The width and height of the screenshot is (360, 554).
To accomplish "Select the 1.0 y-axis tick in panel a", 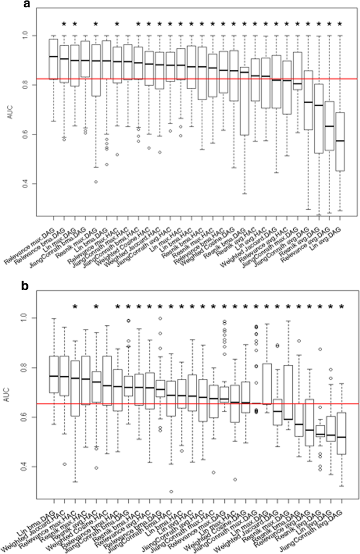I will coord(35,35).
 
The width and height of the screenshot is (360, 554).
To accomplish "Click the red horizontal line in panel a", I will coord(200,79).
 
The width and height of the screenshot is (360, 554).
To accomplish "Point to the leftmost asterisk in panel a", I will coord(64,23).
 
